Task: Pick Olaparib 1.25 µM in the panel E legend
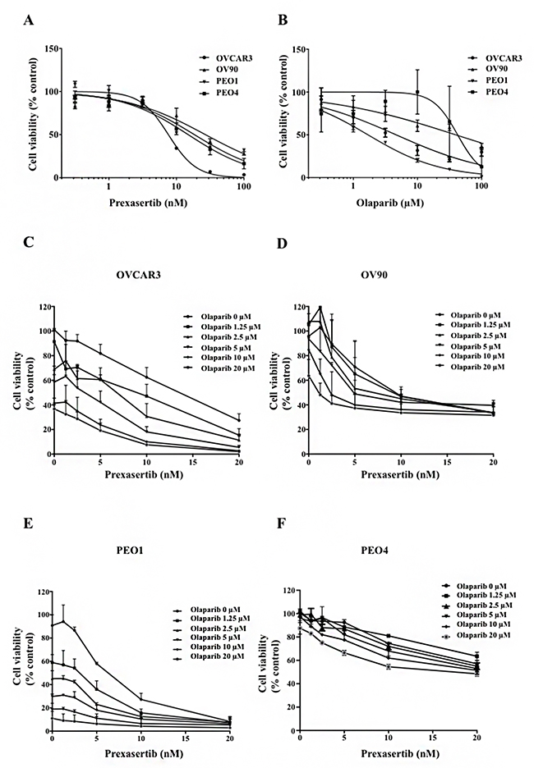(x=206, y=620)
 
